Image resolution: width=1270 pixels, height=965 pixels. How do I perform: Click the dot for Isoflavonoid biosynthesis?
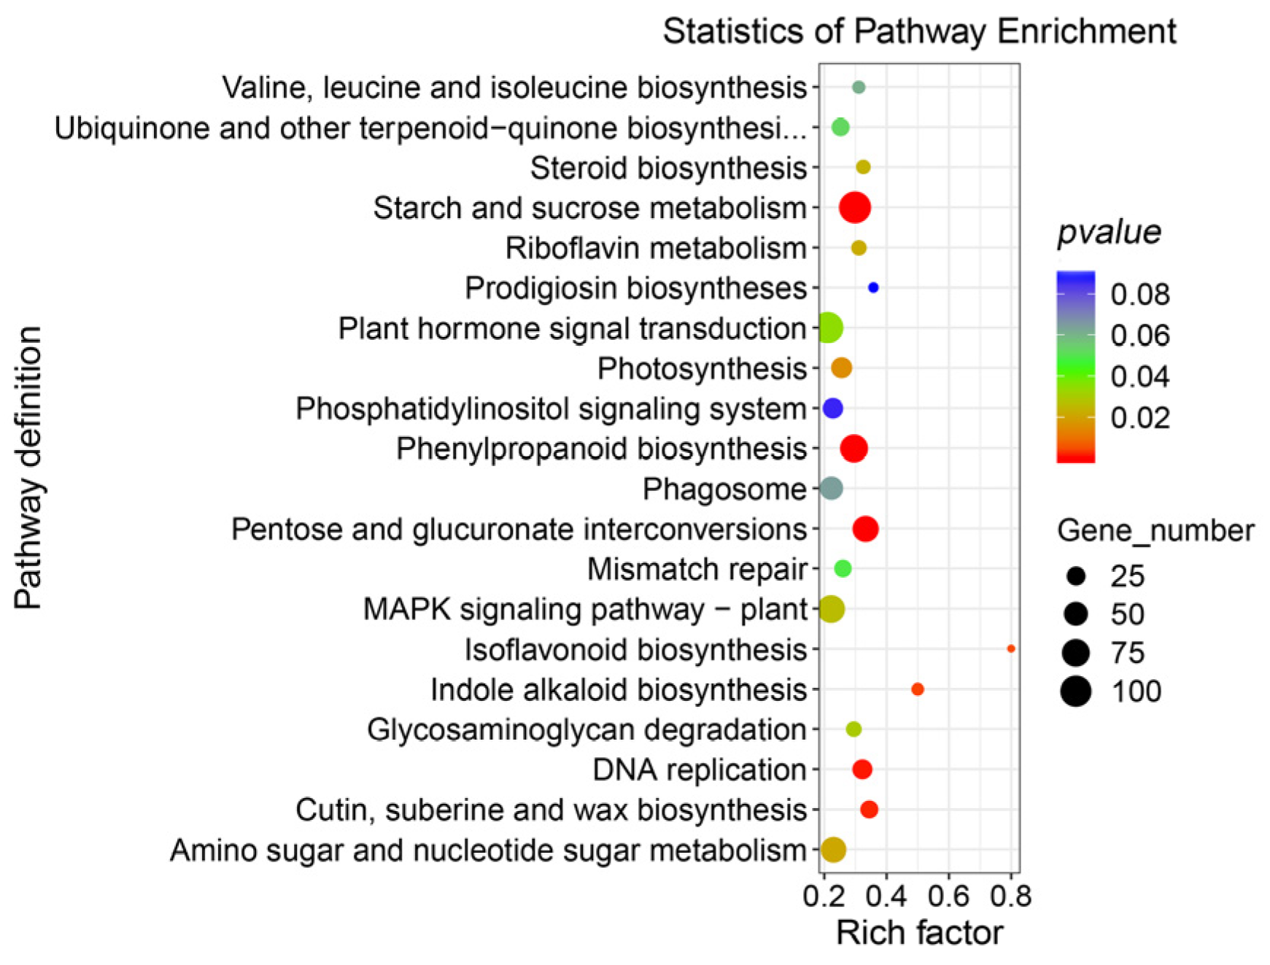click(1010, 648)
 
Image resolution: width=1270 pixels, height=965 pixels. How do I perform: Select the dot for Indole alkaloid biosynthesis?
click(918, 689)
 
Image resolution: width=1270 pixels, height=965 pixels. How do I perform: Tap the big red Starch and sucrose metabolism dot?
click(855, 208)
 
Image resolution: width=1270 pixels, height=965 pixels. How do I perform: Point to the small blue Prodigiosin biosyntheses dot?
click(873, 287)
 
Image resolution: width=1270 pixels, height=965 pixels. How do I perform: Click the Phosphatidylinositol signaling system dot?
click(832, 408)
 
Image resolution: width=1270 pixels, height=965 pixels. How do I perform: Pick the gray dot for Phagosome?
click(831, 488)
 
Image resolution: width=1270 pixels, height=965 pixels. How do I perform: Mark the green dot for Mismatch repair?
click(843, 568)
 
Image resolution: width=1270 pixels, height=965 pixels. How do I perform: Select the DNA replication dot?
click(862, 769)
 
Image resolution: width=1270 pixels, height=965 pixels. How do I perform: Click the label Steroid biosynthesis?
click(668, 168)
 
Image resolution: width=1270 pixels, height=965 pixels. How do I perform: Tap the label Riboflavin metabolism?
click(656, 248)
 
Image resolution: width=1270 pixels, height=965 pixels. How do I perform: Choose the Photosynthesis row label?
click(702, 368)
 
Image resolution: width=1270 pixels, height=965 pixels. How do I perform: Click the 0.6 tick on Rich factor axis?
click(948, 896)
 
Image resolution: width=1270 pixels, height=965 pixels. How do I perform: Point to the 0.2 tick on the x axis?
click(824, 896)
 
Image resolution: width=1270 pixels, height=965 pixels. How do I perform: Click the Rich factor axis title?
click(919, 933)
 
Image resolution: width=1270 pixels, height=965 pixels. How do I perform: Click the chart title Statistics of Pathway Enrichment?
click(919, 31)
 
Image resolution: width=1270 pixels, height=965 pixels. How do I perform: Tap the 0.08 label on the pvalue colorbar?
click(1139, 295)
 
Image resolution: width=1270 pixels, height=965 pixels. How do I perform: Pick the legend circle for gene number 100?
click(1076, 691)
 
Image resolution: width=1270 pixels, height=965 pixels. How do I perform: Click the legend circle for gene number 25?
click(1076, 576)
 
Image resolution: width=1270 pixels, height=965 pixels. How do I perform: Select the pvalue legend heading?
click(1109, 232)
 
